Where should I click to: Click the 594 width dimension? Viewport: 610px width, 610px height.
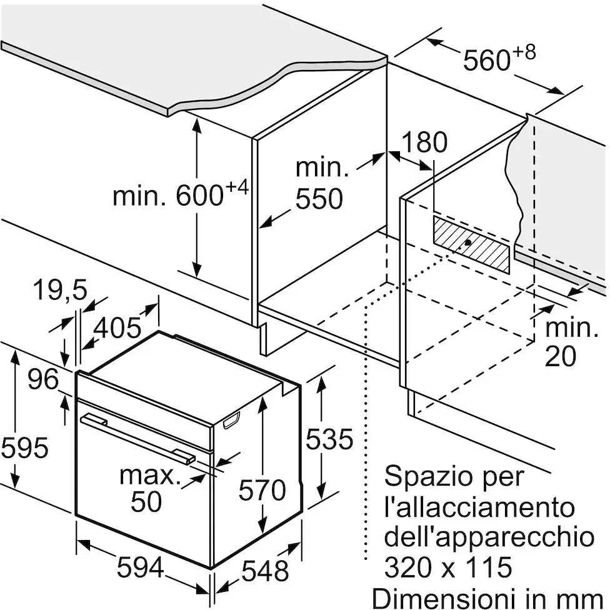(x=141, y=567)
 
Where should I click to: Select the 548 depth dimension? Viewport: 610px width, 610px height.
(x=265, y=571)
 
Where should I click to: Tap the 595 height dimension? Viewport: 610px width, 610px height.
(x=25, y=447)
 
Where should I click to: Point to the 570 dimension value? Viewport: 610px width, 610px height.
(x=262, y=490)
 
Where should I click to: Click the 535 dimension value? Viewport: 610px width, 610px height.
(x=329, y=439)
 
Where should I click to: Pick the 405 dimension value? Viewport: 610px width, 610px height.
(x=117, y=327)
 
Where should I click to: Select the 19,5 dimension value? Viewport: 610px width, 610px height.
(x=60, y=289)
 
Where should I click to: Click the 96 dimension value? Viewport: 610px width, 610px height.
(x=43, y=379)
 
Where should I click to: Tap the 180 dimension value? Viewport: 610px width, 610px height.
(x=424, y=142)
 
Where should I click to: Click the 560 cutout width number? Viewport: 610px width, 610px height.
(x=486, y=60)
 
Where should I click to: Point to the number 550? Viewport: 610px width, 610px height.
(x=319, y=199)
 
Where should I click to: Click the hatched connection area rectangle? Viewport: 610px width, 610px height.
(x=471, y=244)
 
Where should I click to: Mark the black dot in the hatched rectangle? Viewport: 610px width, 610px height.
(x=468, y=242)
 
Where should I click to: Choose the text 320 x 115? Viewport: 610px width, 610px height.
(x=448, y=567)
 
